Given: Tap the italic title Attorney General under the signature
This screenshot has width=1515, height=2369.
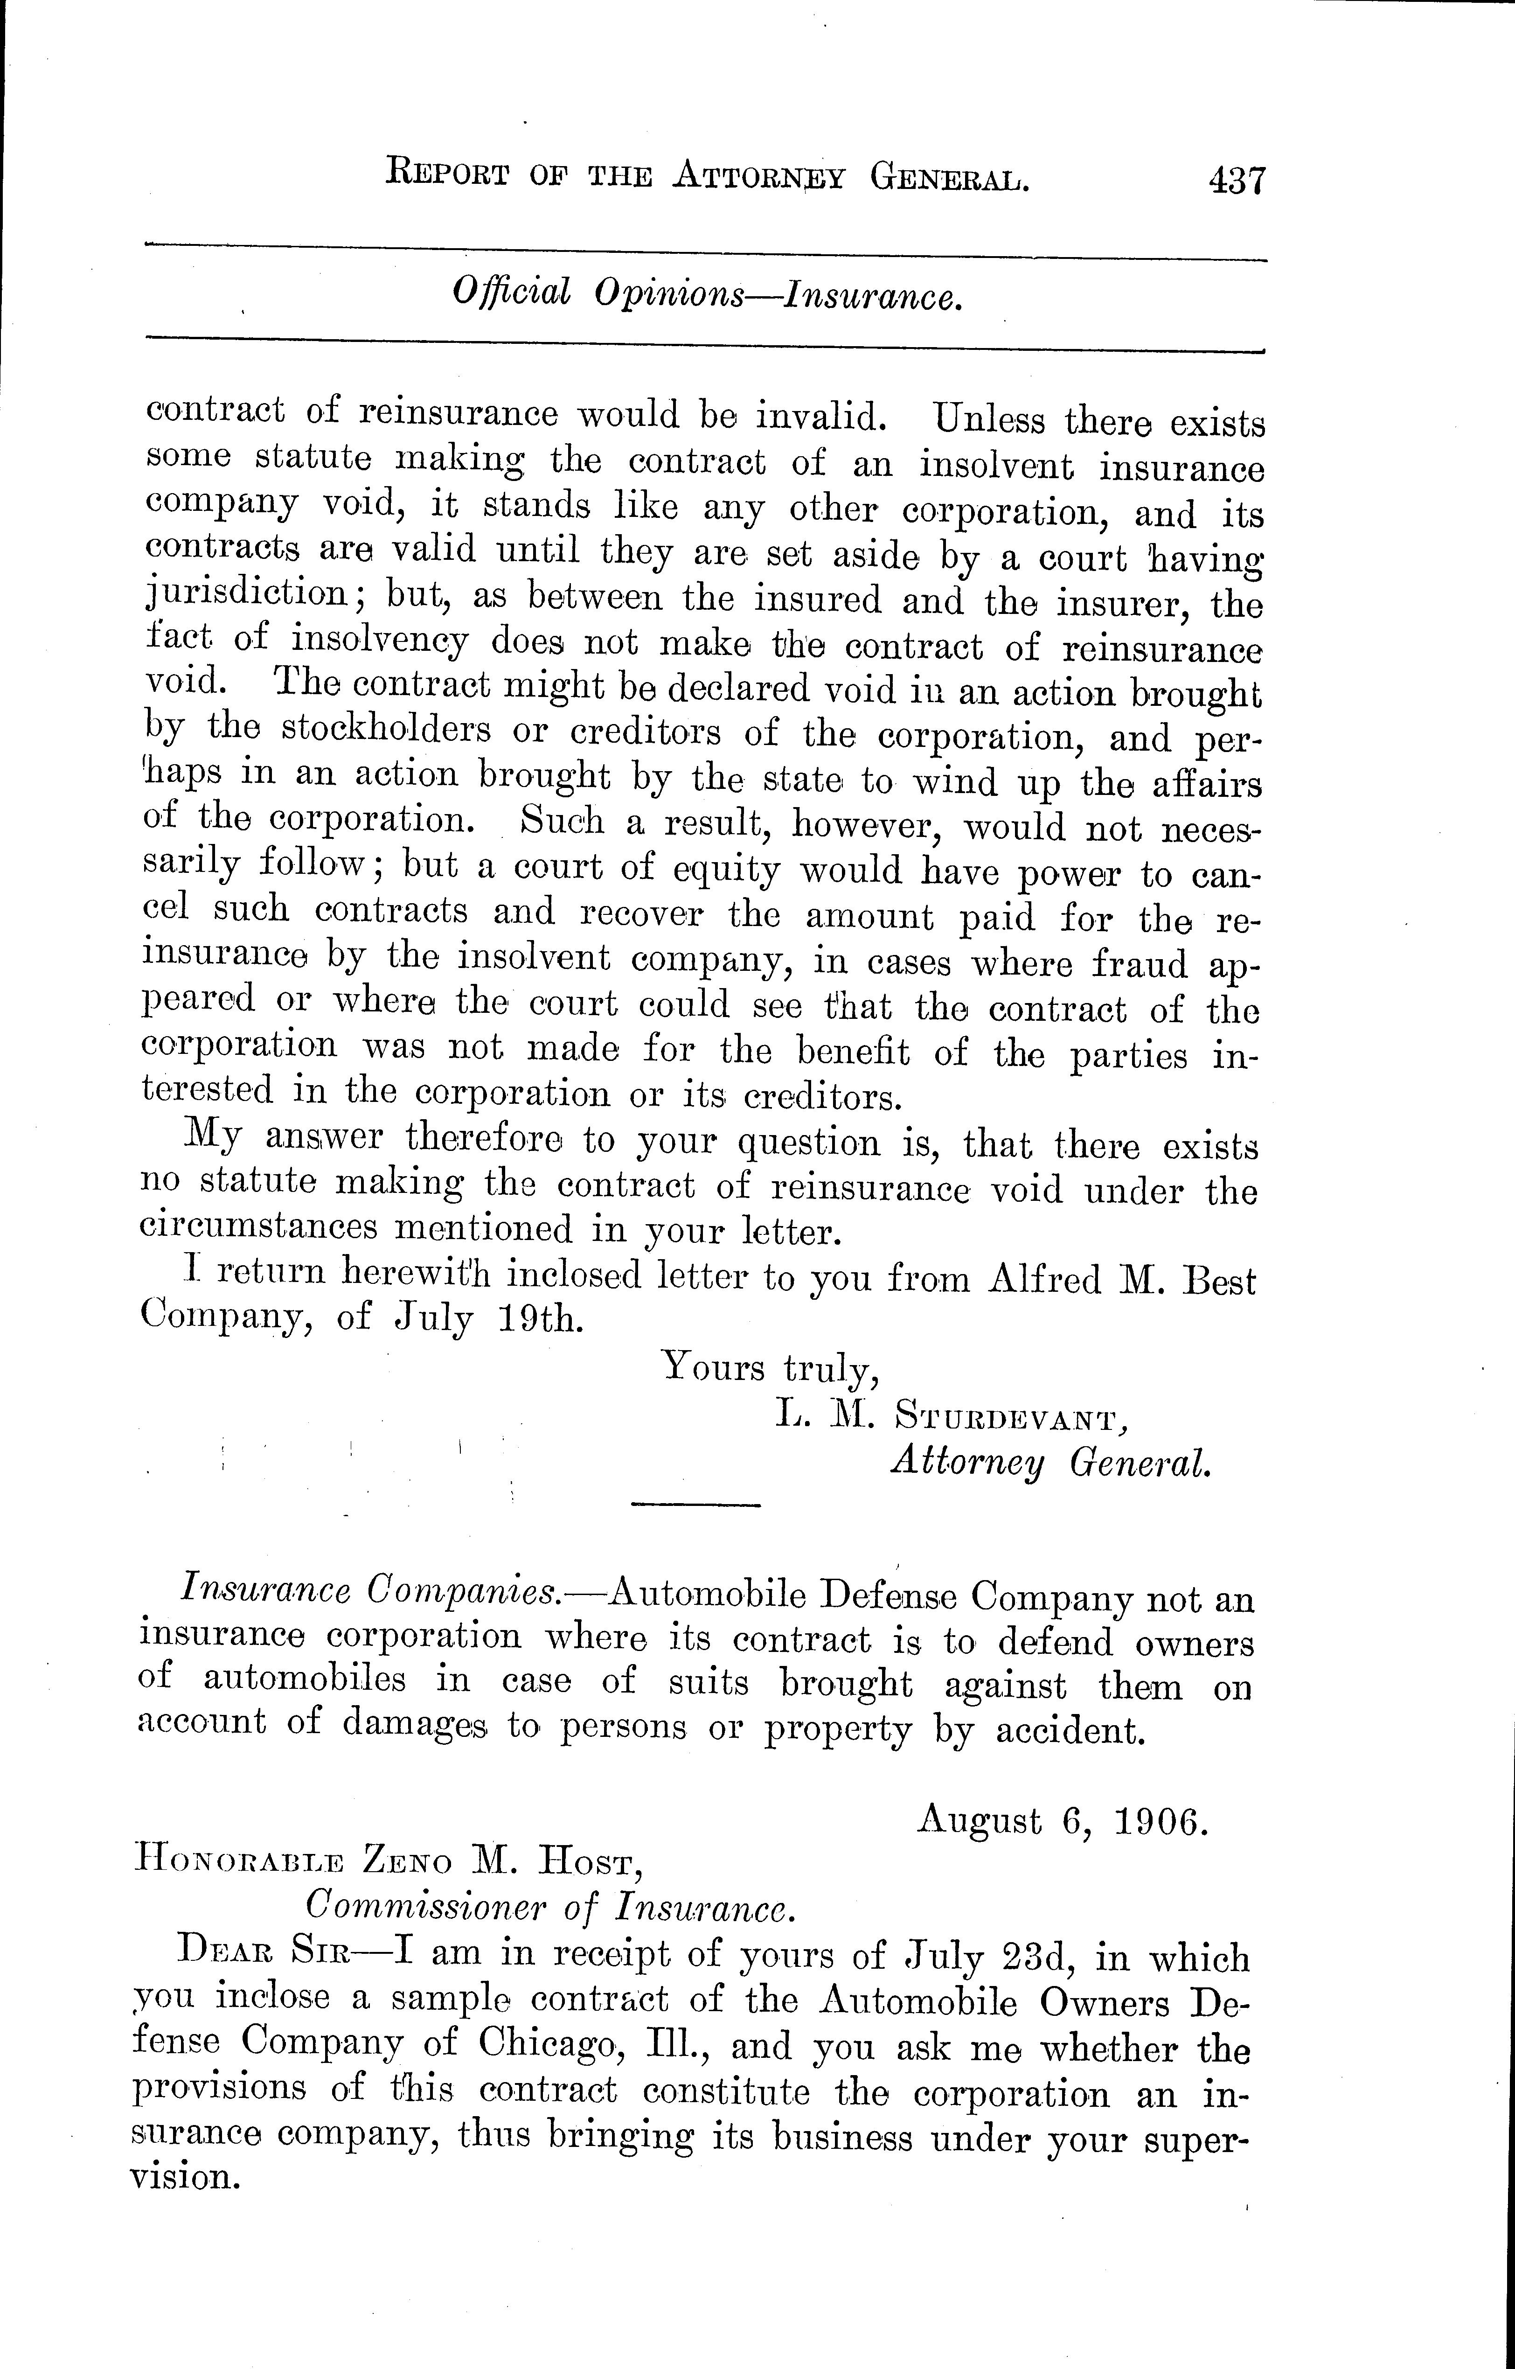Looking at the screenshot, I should (1049, 1464).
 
